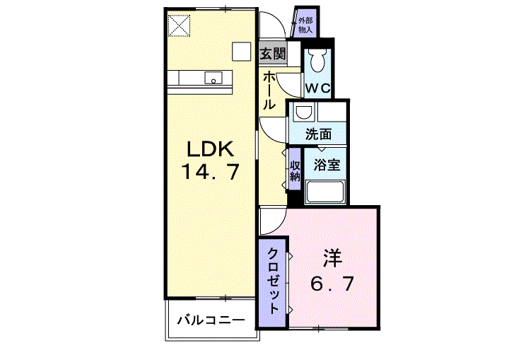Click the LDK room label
pyautogui.click(x=211, y=149)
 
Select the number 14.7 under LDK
pyautogui.click(x=211, y=172)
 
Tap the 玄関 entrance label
pyautogui.click(x=273, y=53)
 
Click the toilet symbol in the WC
pyautogui.click(x=317, y=61)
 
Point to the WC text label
pyautogui.click(x=317, y=88)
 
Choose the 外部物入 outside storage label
pyautogui.click(x=305, y=25)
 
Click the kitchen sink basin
pyautogui.click(x=213, y=79)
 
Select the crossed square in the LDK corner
pyautogui.click(x=179, y=26)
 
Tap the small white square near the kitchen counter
pyautogui.click(x=241, y=52)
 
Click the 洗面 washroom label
pyautogui.click(x=318, y=134)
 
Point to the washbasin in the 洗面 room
pyautogui.click(x=304, y=112)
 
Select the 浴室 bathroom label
pyautogui.click(x=327, y=165)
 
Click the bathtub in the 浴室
pyautogui.click(x=325, y=192)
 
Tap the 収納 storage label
pyautogui.click(x=295, y=171)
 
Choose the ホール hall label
pyautogui.click(x=269, y=91)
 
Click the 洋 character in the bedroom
pyautogui.click(x=332, y=258)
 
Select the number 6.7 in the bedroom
pyautogui.click(x=332, y=284)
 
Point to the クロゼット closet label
pyautogui.click(x=273, y=281)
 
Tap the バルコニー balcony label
pyautogui.click(x=211, y=321)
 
